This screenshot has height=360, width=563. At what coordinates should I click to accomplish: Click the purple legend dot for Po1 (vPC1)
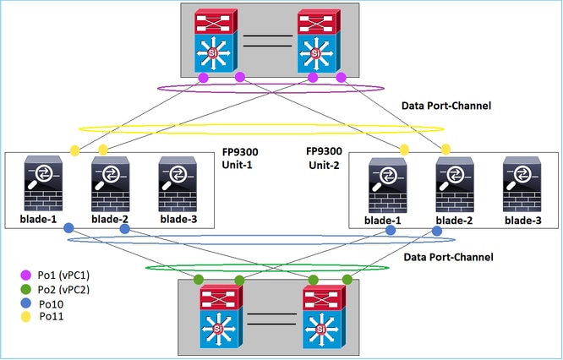[26, 275]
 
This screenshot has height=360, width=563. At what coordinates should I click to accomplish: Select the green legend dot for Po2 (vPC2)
[26, 289]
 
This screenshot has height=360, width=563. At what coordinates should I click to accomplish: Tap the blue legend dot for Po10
[26, 303]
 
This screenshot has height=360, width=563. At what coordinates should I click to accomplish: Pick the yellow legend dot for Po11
[26, 317]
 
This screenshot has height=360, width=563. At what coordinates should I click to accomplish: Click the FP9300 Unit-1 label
[240, 158]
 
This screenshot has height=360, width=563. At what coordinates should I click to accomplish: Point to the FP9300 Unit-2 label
[324, 158]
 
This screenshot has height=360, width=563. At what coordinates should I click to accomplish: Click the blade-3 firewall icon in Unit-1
[178, 183]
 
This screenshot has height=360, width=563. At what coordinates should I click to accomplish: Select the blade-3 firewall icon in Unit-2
[522, 184]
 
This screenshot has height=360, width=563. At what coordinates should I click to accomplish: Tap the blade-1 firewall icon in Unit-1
[43, 183]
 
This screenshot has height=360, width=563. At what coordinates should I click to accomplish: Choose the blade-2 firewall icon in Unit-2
[455, 185]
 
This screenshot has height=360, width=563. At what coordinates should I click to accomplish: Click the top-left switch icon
[216, 41]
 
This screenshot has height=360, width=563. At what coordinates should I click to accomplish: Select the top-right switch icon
[319, 41]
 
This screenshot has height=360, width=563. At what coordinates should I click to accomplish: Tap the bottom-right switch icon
[325, 317]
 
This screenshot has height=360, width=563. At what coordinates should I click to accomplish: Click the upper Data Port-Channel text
[446, 106]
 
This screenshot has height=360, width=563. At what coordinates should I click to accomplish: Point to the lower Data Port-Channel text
[449, 258]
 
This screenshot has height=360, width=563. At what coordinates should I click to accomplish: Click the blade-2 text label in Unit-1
[110, 219]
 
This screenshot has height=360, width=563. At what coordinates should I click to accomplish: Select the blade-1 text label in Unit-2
[382, 221]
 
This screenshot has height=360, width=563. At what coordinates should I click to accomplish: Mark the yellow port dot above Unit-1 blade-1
[74, 150]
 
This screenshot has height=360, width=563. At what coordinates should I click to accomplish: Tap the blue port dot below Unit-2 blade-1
[391, 230]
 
